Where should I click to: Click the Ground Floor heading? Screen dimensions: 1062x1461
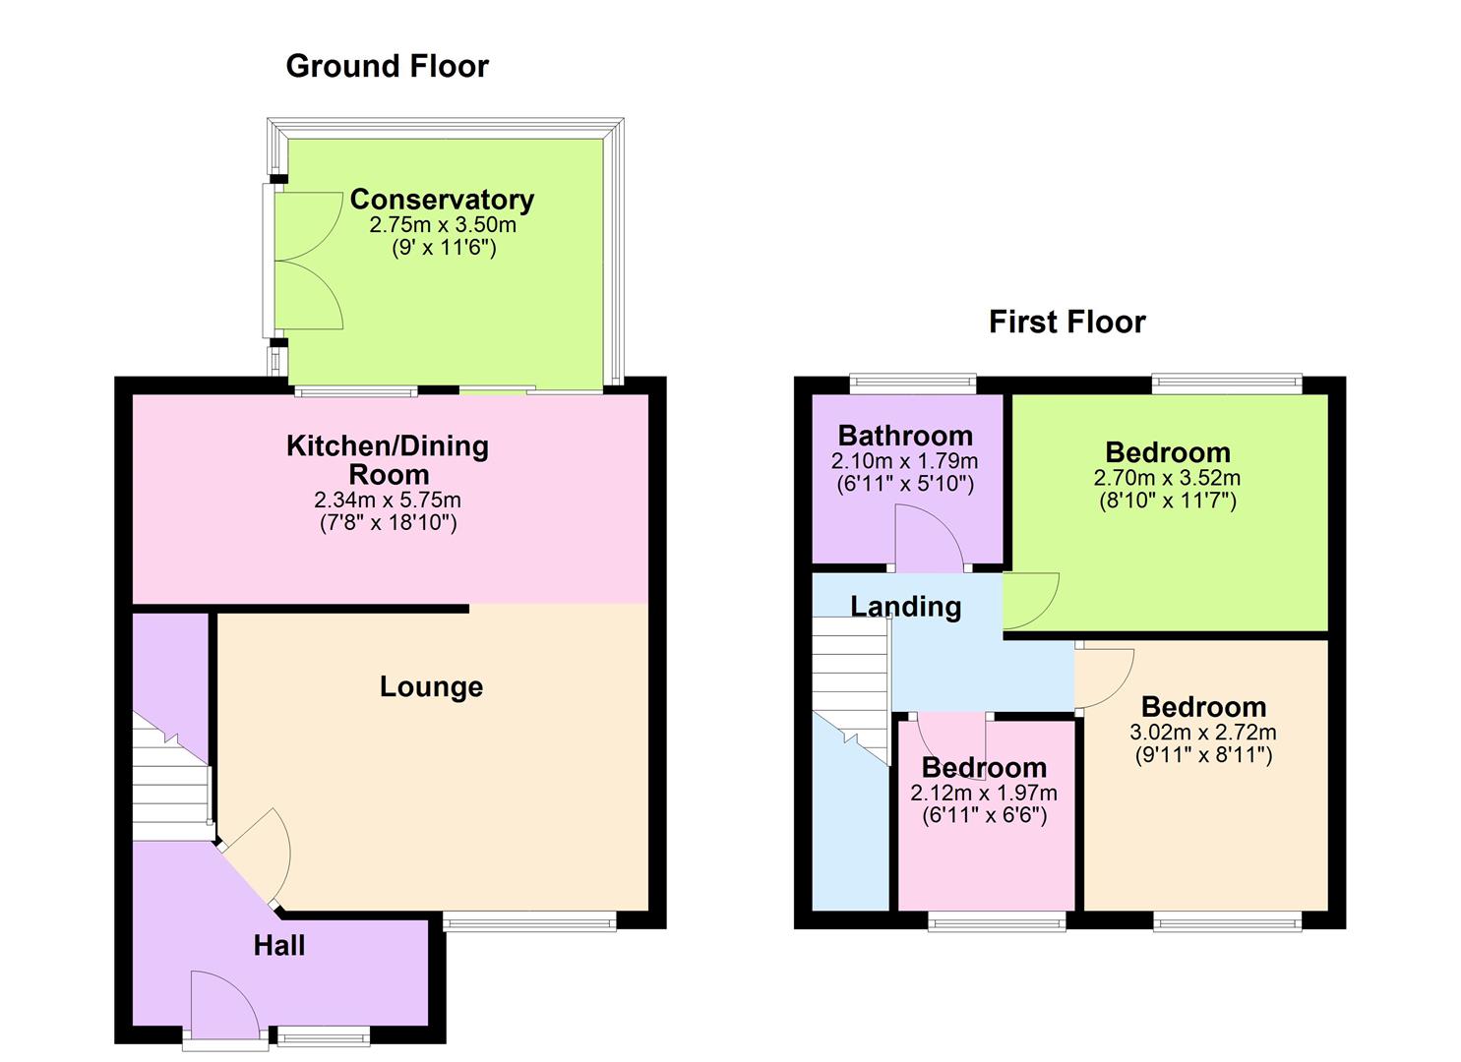click(387, 66)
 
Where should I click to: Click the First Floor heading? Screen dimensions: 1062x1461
click(1066, 322)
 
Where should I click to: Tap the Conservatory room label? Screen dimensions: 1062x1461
click(442, 199)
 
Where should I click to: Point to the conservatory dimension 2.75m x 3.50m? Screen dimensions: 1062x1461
click(443, 224)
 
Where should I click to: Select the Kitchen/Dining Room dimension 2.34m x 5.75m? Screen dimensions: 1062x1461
click(388, 500)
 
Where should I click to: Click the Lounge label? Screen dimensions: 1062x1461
click(431, 686)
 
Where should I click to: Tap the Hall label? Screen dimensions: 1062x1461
click(278, 945)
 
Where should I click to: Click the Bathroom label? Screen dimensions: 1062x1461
click(905, 435)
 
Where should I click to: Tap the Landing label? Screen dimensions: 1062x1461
click(905, 606)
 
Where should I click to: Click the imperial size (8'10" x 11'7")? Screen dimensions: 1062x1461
click(1167, 501)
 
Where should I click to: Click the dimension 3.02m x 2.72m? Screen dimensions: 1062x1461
click(1203, 732)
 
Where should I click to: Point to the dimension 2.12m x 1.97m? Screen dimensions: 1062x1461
click(984, 793)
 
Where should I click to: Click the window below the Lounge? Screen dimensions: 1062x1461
click(529, 921)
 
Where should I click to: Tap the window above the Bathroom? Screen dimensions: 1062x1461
click(912, 383)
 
